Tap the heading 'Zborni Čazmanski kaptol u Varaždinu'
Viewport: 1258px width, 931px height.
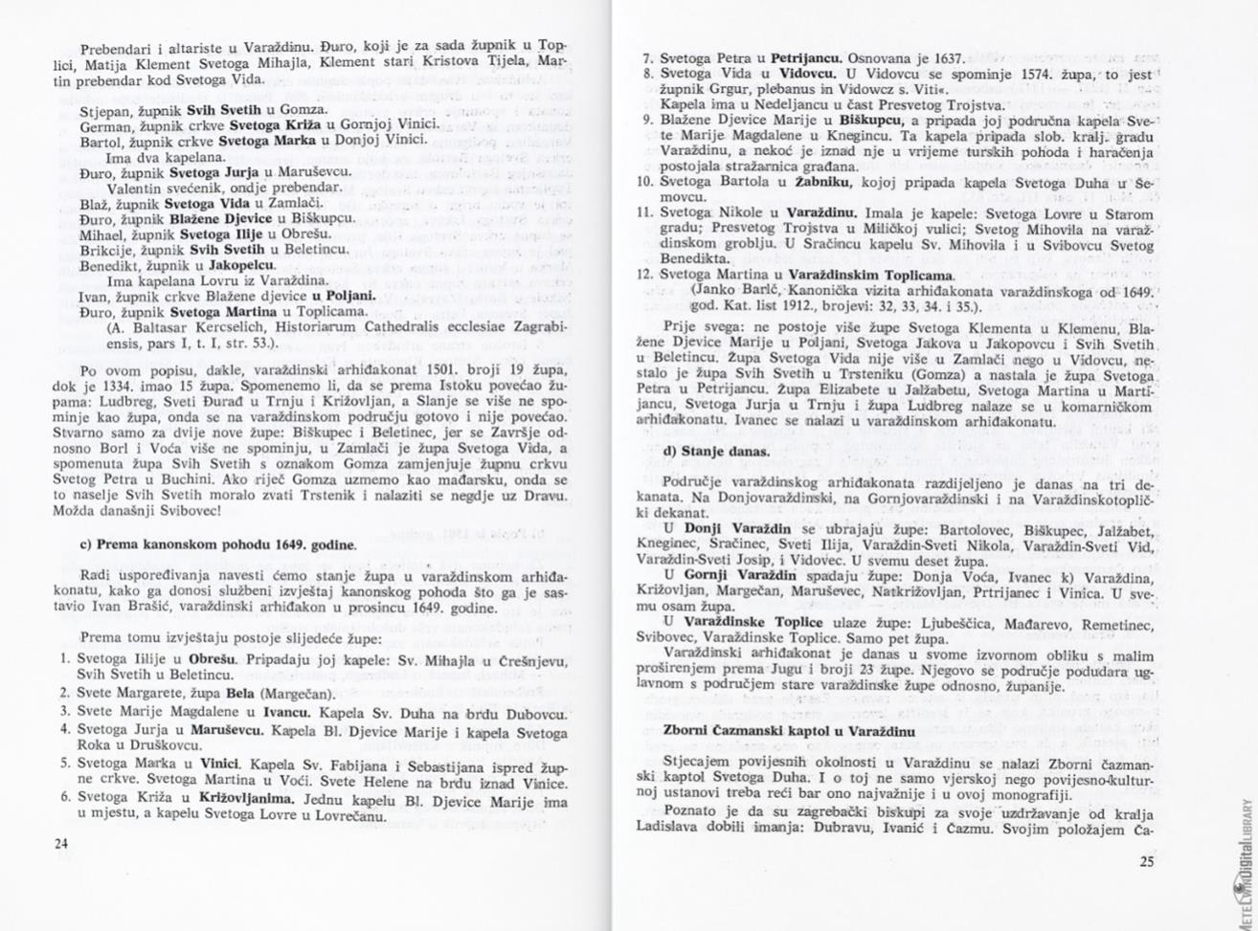(789, 731)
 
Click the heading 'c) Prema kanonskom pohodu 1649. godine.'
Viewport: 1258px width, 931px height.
(218, 544)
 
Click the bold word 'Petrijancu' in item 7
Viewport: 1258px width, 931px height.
(804, 57)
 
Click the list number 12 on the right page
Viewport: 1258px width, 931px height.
(646, 275)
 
